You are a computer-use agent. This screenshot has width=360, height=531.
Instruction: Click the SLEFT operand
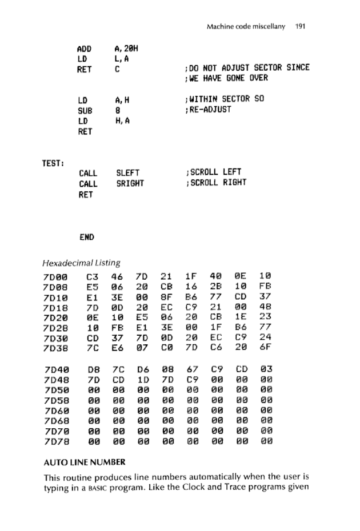pyautogui.click(x=128, y=172)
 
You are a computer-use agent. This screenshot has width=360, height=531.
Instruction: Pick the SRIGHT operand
pyautogui.click(x=130, y=183)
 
